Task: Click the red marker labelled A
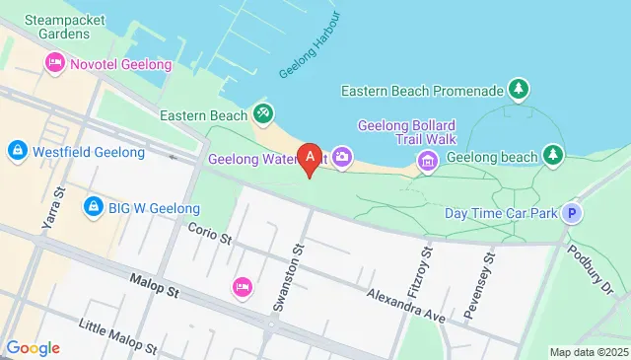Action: (x=312, y=156)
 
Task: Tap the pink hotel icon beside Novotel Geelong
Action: (x=54, y=64)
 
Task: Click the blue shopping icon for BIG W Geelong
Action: (x=94, y=207)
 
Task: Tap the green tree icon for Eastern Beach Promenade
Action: (x=519, y=91)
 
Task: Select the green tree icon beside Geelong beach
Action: (x=555, y=156)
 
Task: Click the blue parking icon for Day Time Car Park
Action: (x=572, y=212)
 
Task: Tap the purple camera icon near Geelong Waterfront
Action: (x=343, y=156)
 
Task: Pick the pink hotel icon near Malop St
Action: (x=242, y=287)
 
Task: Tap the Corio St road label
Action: (x=209, y=234)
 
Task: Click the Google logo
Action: (x=33, y=347)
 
